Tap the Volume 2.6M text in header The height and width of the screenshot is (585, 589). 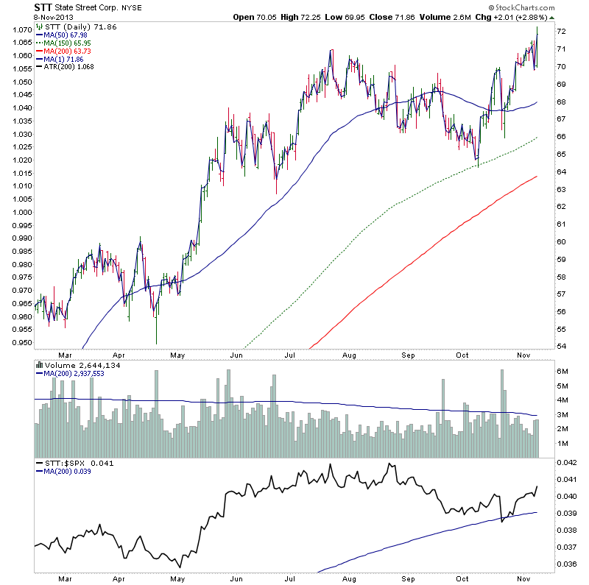(x=442, y=16)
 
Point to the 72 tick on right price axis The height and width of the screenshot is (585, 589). (x=560, y=31)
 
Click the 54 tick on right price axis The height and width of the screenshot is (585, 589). (x=560, y=347)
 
